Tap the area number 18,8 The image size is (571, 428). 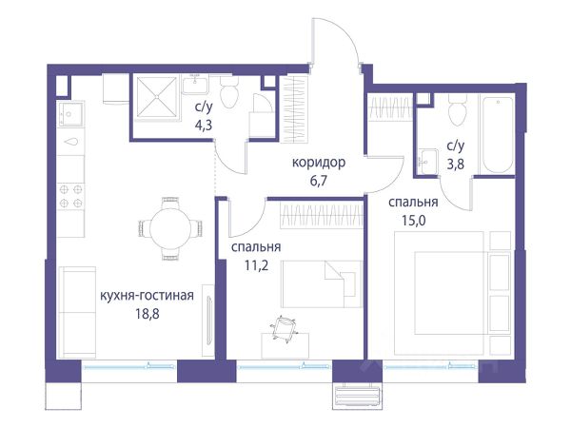point(148,313)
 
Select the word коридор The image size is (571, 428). point(319,163)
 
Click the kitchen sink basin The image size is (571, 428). point(71,114)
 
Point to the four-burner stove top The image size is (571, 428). point(71,196)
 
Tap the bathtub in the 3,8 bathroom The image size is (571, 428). point(497,135)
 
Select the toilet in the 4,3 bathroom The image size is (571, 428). point(229,92)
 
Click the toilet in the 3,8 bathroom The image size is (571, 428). point(458,109)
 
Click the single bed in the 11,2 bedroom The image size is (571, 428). point(322,283)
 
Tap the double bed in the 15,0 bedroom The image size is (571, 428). point(451,293)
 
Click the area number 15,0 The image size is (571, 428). point(414,221)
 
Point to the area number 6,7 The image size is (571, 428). point(320,180)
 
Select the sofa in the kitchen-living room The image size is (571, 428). point(77,312)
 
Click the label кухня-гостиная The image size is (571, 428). point(147,295)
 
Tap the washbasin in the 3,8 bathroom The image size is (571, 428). point(428,162)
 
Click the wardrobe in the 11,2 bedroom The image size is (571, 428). point(322,216)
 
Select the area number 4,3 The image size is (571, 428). point(204,126)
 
